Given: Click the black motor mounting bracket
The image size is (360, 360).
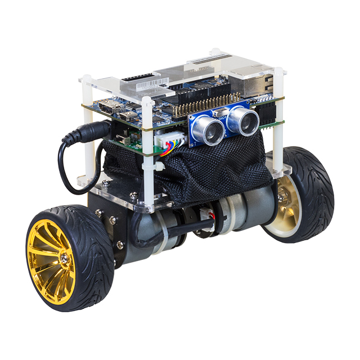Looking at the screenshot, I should point(107,225).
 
